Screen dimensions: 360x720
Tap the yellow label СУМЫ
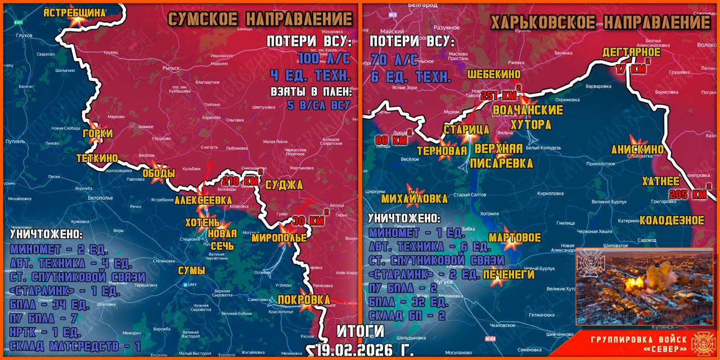click(x=191, y=271)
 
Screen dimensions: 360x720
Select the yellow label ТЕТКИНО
click(x=97, y=159)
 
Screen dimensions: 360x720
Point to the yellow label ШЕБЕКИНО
click(x=493, y=74)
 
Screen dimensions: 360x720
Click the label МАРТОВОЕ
click(x=514, y=237)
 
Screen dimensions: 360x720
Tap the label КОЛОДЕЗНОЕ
click(x=672, y=220)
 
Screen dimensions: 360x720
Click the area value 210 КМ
click(x=240, y=181)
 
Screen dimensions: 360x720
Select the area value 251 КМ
click(x=497, y=95)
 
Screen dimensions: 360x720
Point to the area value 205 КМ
click(x=687, y=194)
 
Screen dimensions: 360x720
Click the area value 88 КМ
click(x=390, y=140)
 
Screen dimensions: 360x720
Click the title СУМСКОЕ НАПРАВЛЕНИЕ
click(x=260, y=19)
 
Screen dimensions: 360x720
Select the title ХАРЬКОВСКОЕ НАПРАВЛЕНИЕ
click(x=600, y=22)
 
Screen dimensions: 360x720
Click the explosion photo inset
click(x=643, y=286)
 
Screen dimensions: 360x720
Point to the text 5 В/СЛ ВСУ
click(x=318, y=105)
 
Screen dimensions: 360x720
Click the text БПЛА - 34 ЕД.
click(x=50, y=305)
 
